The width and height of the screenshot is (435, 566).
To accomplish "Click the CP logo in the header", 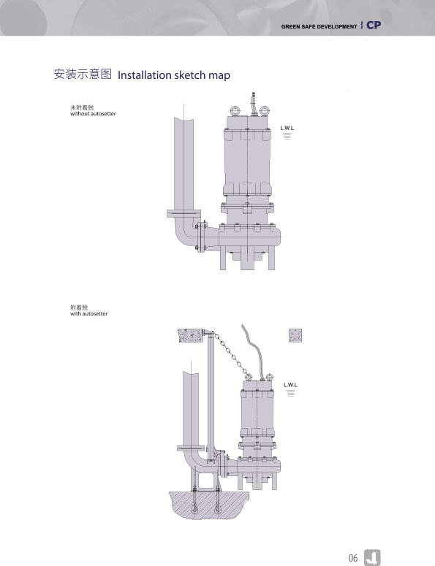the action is pos(374,25).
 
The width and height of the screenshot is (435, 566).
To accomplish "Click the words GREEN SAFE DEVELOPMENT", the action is pos(319,27).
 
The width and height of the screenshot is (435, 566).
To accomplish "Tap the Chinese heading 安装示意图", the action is pos(83,74).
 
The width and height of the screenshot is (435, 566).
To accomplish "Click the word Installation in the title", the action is pos(145,75).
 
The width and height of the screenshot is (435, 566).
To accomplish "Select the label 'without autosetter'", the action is pos(93,114).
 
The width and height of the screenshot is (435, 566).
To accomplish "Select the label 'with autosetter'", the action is pos(89,314).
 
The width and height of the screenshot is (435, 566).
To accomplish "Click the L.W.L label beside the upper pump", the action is pos(287,128).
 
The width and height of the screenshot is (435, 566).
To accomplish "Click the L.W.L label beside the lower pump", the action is pos(290,385).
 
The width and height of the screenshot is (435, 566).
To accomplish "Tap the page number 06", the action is pos(353,558).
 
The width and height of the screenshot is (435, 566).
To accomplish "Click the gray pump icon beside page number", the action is pos(372,557).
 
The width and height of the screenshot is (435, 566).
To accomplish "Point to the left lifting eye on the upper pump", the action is pos(235,110).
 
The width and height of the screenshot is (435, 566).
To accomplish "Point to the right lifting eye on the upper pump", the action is pos(265,110).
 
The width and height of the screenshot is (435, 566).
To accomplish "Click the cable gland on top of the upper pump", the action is pos(254,104).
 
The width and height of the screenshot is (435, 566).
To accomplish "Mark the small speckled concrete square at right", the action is pos(295,335).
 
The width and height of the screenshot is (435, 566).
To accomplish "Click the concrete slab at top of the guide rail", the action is pos(191,335).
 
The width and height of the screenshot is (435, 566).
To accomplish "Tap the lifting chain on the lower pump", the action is pos(230,354).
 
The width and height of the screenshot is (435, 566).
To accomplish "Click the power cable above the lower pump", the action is pos(255,352).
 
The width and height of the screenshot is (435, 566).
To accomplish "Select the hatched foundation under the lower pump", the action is pos(208,505).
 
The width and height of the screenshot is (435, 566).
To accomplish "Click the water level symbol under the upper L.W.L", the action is pos(287,136).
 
